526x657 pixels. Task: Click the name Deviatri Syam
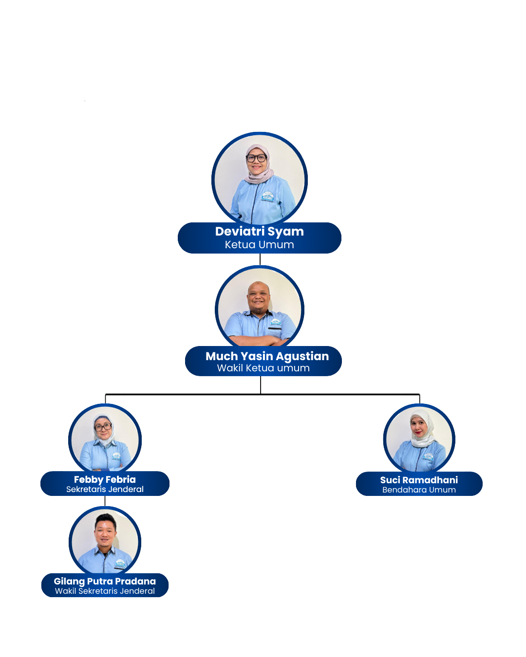click(x=260, y=232)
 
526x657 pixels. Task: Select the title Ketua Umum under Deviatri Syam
click(x=260, y=245)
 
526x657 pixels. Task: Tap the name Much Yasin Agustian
click(x=267, y=356)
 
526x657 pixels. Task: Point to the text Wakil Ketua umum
click(x=263, y=368)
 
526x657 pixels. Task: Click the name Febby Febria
click(x=105, y=479)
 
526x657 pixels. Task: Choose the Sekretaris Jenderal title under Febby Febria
click(x=105, y=490)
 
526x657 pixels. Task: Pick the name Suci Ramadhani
click(x=419, y=480)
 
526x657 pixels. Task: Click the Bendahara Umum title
click(x=419, y=490)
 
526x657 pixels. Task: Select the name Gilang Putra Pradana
click(x=105, y=581)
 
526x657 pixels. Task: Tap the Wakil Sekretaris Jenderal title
click(x=105, y=591)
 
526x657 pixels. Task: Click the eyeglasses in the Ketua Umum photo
click(x=256, y=158)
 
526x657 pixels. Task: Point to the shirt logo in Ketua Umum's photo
click(x=268, y=197)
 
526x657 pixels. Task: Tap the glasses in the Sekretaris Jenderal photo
click(x=103, y=427)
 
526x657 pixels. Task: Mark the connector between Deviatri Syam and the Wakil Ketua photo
click(x=260, y=259)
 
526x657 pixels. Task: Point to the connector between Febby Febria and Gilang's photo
click(x=105, y=501)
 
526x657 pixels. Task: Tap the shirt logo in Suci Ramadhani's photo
click(x=428, y=457)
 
